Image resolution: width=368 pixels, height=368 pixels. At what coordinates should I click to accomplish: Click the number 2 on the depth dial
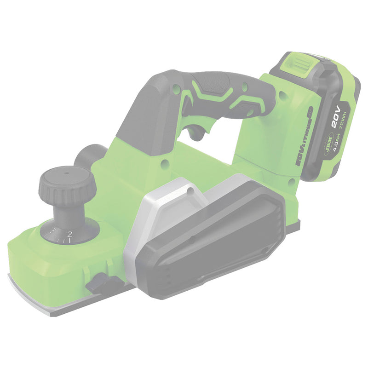pos(69,234)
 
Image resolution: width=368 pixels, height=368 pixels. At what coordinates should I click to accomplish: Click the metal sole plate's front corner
pos(14,278)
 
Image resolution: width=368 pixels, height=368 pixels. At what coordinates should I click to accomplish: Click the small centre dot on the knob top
pos(65,174)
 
